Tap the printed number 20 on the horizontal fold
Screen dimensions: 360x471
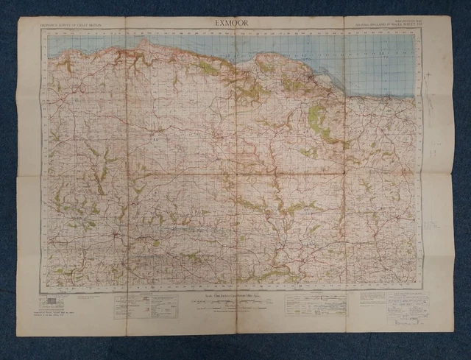click(156, 138)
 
